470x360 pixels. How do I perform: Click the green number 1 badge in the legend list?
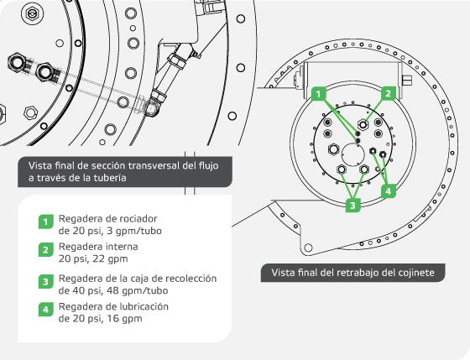click(45, 222)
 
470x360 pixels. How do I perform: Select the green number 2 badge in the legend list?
click(45, 251)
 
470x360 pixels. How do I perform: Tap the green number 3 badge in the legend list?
click(45, 281)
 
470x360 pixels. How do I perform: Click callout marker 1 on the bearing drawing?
click(319, 93)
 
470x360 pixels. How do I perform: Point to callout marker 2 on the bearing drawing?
click(388, 93)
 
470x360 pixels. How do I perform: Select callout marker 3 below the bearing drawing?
click(353, 203)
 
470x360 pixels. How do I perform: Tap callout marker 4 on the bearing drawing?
click(389, 190)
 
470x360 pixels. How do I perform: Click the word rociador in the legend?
click(137, 218)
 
